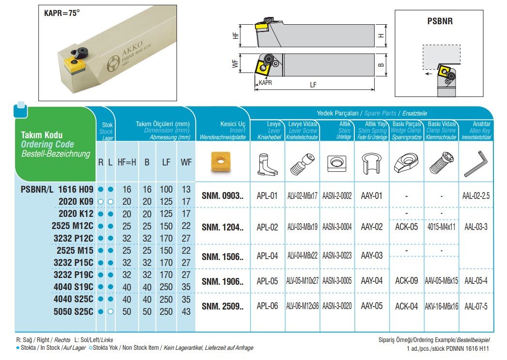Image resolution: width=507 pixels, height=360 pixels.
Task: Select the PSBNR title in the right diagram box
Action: pos(440,22)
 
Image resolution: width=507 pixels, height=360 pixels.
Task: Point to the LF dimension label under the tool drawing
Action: pos(313,84)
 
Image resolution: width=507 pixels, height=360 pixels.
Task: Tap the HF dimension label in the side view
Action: pos(236,36)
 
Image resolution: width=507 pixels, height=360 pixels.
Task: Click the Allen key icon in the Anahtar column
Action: pos(475,165)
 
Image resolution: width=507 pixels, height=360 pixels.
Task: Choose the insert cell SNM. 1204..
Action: pos(222,226)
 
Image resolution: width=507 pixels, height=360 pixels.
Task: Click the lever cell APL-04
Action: pos(267,256)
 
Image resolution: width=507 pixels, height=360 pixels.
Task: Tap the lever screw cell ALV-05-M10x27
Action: pos(302,281)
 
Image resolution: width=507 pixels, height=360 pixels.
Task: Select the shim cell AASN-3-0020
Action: pos(337,306)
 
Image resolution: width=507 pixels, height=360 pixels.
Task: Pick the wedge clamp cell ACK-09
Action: pos(407,281)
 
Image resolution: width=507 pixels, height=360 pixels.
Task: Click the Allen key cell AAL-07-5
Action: pos(475,306)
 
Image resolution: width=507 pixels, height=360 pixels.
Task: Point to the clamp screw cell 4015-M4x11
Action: pos(441,227)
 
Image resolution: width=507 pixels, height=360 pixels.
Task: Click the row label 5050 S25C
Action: pos(72,311)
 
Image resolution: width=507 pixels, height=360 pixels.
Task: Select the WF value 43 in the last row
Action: pos(186,311)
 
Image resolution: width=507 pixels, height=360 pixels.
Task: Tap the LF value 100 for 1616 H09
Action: pos(166,189)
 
